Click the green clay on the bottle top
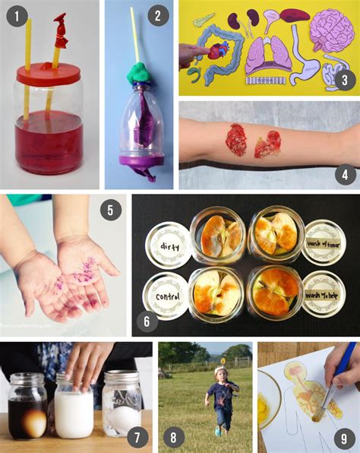coord(138,73)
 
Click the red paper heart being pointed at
coord(217,51)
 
